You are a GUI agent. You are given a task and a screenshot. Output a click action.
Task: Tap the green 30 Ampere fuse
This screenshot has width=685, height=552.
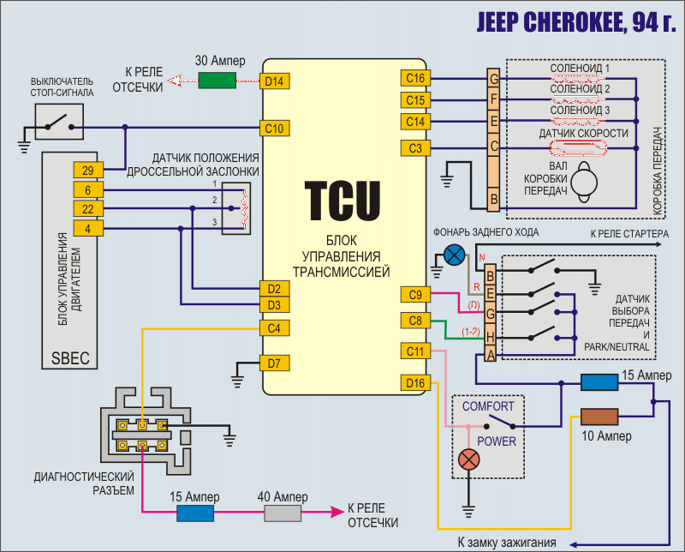coord(217,81)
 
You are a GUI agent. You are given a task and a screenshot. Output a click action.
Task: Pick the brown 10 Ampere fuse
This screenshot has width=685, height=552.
coord(599,417)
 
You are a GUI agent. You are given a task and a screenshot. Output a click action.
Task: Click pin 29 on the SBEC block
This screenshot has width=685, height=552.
coord(88,169)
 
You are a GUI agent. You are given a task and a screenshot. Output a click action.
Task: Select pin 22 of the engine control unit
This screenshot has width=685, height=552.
coord(88,209)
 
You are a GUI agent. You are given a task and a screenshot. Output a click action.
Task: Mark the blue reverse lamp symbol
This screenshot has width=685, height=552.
coord(456,255)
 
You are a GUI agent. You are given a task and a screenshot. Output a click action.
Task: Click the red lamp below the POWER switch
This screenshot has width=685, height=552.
coord(468,459)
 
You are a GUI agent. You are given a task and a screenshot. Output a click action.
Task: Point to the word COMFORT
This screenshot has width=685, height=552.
coord(488,405)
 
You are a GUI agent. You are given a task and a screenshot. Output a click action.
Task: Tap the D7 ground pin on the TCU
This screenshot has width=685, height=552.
coord(274,363)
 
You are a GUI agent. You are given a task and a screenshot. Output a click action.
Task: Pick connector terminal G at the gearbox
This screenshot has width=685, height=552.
coord(493,80)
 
